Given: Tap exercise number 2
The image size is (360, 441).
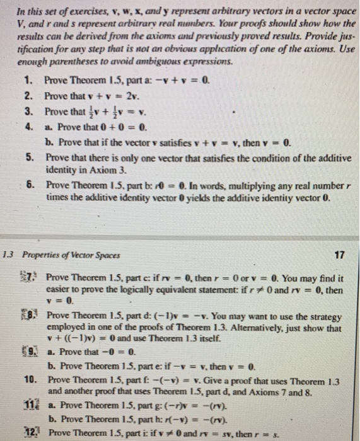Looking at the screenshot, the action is (x=29, y=95).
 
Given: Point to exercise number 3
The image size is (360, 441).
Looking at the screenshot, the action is (x=29, y=111).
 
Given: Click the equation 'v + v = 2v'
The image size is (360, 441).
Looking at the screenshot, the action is (x=106, y=96).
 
